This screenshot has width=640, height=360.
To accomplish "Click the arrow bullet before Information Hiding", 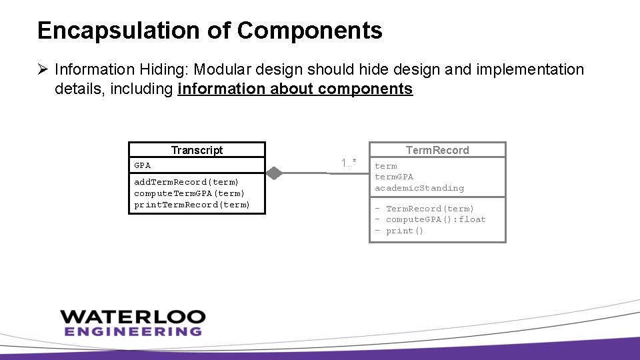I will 43,70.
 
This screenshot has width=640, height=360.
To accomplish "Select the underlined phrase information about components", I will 295,89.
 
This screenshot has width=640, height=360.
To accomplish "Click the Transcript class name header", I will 197,150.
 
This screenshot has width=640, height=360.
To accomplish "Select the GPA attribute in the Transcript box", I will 143,165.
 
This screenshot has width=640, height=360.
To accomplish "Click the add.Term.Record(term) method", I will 186,182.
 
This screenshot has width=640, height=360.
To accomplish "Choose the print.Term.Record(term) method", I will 192,205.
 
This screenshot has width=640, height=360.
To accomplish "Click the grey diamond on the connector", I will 273,173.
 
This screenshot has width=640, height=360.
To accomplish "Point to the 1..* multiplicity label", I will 349,163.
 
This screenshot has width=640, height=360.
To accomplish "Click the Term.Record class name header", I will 437,150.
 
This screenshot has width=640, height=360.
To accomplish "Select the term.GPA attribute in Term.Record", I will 394,177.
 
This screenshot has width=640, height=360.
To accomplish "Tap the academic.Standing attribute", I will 419,188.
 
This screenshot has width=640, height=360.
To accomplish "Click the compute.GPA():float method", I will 435,219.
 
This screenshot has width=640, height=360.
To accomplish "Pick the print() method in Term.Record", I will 404,231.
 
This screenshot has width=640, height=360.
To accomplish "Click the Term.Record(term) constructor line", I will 430,209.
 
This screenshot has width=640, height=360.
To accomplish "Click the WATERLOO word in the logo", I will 131,316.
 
